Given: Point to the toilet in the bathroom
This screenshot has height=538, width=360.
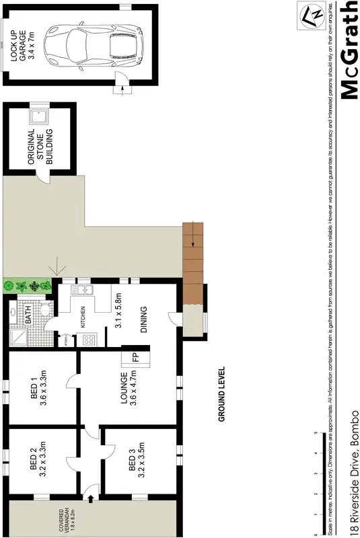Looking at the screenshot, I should point(45,311).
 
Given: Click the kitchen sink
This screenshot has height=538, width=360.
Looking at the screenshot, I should point(85,290).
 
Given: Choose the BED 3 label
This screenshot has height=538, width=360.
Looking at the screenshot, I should point(135,467).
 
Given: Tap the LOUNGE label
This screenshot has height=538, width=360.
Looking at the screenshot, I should point(129,390).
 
